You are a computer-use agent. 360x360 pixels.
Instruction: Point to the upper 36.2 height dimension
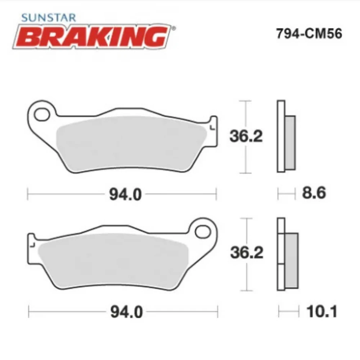pyautogui.click(x=247, y=136)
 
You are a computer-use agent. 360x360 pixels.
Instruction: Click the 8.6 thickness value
pyautogui.click(x=314, y=194)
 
